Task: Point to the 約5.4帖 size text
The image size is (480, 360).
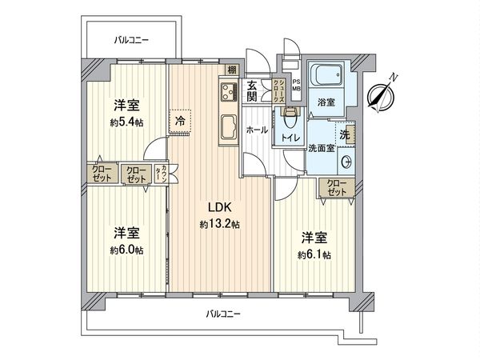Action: (x=127, y=122)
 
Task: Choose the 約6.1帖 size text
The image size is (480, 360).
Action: (x=315, y=254)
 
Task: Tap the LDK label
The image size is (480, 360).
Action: (x=220, y=208)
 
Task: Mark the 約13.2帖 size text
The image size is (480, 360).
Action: (x=220, y=225)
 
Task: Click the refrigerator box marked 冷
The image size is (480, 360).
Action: (x=180, y=122)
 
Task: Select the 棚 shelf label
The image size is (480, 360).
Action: (x=231, y=70)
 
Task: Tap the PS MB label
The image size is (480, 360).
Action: (x=295, y=85)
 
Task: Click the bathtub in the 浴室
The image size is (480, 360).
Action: (x=326, y=77)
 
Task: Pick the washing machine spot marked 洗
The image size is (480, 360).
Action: (x=344, y=135)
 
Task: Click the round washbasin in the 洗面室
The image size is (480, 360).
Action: (x=346, y=162)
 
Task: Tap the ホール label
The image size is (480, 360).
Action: (x=257, y=129)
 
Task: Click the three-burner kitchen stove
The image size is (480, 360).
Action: (x=225, y=92)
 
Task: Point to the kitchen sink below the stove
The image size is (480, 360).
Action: (x=226, y=126)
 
